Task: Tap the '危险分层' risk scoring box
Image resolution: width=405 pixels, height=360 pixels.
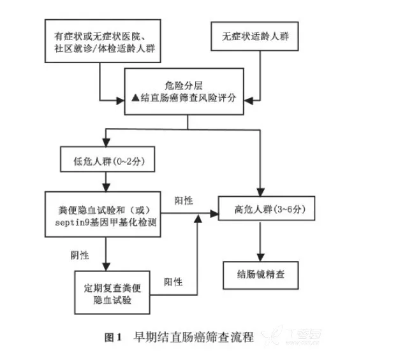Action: pyautogui.click(x=185, y=91)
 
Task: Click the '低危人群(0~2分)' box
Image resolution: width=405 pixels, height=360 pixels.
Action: pyautogui.click(x=106, y=162)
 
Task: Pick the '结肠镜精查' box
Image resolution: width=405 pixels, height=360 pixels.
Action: pyautogui.click(x=258, y=276)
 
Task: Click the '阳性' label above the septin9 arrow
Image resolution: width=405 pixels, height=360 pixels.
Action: pyautogui.click(x=185, y=201)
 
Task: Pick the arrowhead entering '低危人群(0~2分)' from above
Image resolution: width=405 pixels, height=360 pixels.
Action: pyautogui.click(x=106, y=144)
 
